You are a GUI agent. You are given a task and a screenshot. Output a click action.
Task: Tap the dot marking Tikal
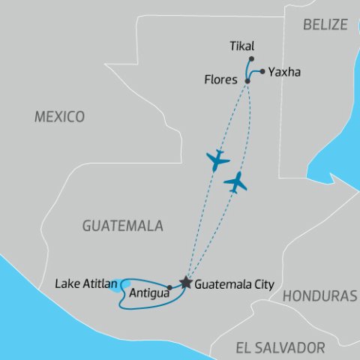point(252,58)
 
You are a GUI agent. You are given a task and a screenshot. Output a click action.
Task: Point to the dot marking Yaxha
point(262,72)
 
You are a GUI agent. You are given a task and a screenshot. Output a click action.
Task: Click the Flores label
point(220,78)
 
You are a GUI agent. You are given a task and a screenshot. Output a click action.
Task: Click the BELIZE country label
point(325,25)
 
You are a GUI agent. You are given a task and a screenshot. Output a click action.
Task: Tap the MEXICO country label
point(59,117)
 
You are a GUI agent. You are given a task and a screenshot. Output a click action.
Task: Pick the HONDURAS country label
point(321,296)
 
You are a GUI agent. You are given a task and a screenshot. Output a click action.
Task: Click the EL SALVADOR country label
point(280,347)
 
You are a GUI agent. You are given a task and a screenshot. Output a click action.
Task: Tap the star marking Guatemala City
point(185,283)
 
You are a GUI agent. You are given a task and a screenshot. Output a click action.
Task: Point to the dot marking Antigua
point(170,287)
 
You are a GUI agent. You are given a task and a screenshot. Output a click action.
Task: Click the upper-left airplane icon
point(217,159)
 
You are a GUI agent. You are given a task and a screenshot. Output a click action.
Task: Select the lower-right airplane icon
point(236,181)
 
